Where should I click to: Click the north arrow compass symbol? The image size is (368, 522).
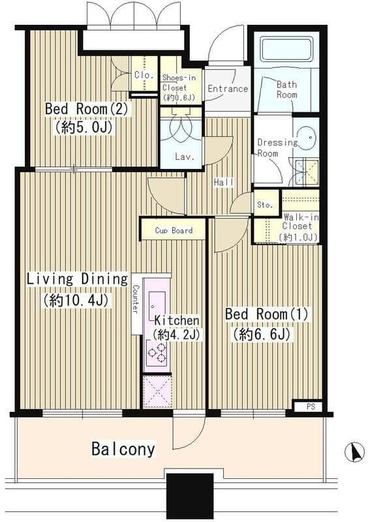(354, 452)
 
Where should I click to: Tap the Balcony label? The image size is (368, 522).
(123, 449)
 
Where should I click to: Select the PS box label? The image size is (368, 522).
(311, 407)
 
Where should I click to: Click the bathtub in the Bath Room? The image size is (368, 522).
(286, 49)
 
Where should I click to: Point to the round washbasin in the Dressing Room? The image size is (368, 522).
(307, 137)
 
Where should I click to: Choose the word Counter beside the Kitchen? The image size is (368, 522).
(136, 299)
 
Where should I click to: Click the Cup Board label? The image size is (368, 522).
(174, 230)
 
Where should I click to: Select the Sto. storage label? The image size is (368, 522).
(265, 204)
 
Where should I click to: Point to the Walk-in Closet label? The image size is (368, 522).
(299, 226)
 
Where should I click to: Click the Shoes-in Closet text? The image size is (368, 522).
(179, 87)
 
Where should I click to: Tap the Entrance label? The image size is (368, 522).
(228, 89)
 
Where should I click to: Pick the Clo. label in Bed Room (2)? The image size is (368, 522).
(144, 74)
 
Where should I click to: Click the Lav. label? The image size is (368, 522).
(184, 157)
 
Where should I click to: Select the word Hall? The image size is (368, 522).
(224, 182)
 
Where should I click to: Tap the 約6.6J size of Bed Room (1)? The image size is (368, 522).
(262, 335)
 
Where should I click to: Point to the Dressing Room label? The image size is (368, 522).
(278, 147)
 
